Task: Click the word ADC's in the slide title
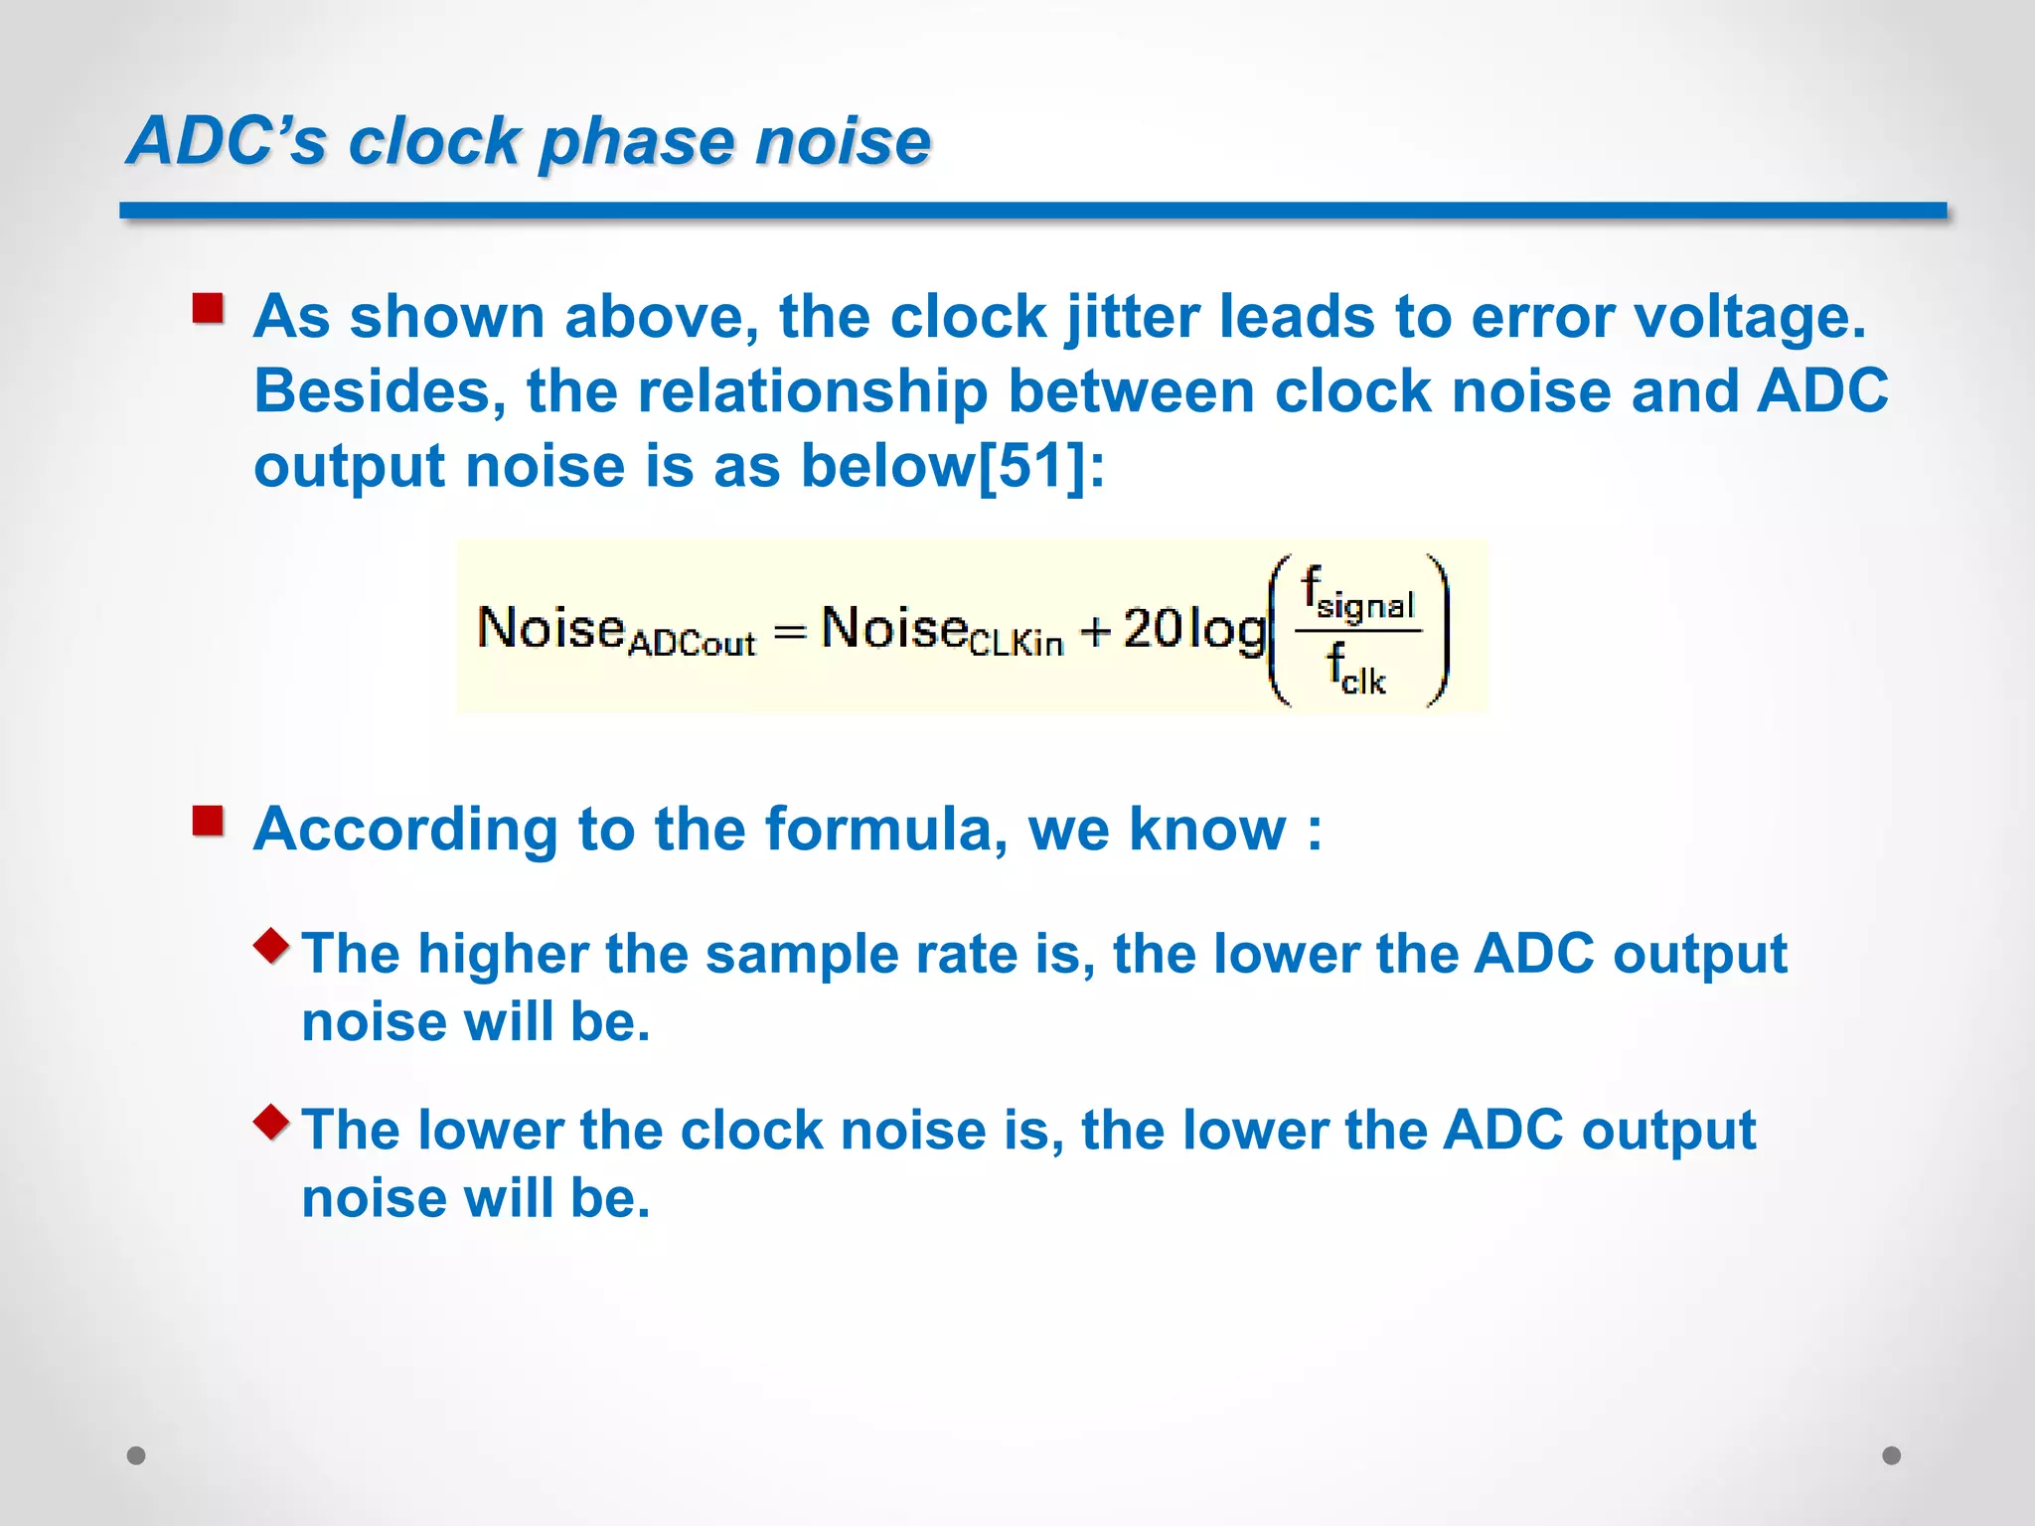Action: tap(227, 140)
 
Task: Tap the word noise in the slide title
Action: tap(843, 140)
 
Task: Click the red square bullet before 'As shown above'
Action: tap(209, 308)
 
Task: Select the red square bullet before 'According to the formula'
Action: tap(209, 821)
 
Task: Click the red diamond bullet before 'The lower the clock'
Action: tap(271, 1122)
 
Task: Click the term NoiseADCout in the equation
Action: tap(616, 632)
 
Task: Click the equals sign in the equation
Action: tap(789, 632)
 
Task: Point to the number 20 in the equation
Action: tap(1153, 629)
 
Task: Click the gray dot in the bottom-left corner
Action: tap(136, 1455)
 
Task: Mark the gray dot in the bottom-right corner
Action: tap(1892, 1455)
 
